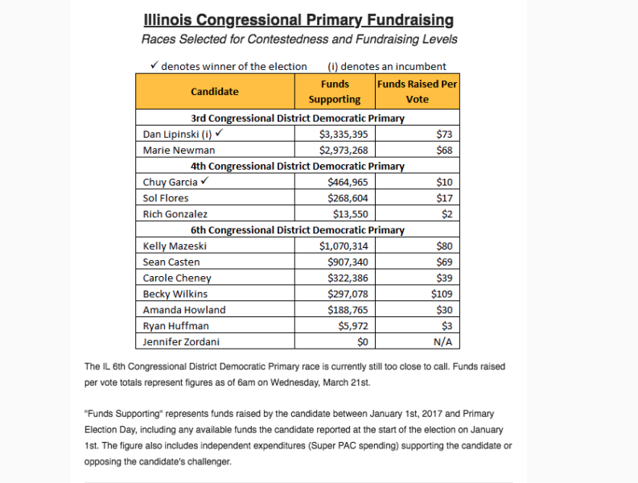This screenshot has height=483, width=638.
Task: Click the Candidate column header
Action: (x=215, y=92)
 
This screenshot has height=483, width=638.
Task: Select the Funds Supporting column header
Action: (x=335, y=92)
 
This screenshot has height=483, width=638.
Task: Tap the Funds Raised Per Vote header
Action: (x=418, y=92)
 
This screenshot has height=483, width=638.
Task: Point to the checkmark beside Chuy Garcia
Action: (x=204, y=182)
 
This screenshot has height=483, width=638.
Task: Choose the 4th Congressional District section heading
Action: (x=298, y=167)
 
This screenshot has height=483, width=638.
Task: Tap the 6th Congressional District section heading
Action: (x=298, y=230)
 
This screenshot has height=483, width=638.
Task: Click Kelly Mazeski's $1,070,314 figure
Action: (x=341, y=246)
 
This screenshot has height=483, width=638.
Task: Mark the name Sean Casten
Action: (x=171, y=262)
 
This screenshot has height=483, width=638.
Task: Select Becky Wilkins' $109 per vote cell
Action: (x=442, y=294)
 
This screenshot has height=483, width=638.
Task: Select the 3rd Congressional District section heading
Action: (x=298, y=118)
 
